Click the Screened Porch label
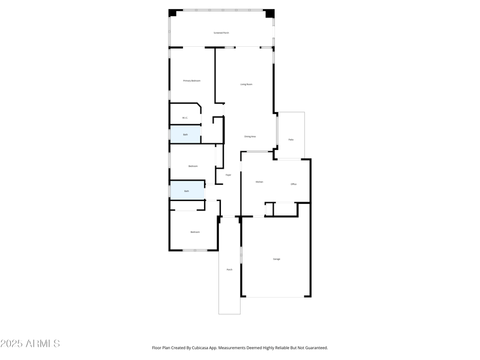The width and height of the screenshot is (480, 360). tap(221, 33)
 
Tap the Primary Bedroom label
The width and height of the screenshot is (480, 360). tap(191, 80)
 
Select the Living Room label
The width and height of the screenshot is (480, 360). tap(246, 85)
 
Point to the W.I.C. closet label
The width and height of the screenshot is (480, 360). tap(185, 118)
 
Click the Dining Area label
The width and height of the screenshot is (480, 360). tap(250, 137)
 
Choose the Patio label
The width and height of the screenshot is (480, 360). tap(291, 140)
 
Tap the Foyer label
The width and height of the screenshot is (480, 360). tap(228, 175)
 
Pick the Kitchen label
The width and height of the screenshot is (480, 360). tap(259, 182)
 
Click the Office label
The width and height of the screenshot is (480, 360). tap(294, 184)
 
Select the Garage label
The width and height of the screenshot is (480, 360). tap(277, 259)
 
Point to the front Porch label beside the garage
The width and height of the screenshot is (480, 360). tap(229, 270)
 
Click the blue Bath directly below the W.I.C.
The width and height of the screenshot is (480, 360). tap(185, 134)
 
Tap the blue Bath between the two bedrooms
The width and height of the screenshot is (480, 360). tap(187, 191)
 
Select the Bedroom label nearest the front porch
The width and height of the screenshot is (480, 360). tap(195, 232)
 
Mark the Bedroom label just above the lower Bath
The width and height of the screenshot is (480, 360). tap(193, 166)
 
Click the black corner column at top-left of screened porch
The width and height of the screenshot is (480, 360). tap(173, 13)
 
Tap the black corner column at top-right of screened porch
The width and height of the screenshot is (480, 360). tap(269, 13)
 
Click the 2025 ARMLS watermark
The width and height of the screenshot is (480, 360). tap(30, 344)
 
